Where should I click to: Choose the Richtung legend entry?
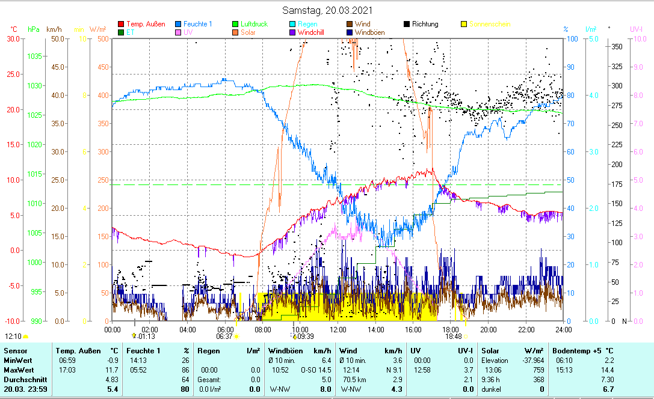click(x=425, y=24)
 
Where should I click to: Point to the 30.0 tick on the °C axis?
click(x=13, y=38)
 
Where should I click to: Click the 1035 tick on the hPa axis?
click(x=34, y=56)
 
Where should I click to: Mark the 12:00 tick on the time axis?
click(x=338, y=329)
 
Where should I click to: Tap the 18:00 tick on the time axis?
click(x=451, y=329)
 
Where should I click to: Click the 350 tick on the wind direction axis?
click(x=617, y=46)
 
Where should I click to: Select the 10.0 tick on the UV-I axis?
click(x=638, y=38)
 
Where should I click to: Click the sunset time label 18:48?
click(x=453, y=337)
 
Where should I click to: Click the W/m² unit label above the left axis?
click(x=98, y=29)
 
